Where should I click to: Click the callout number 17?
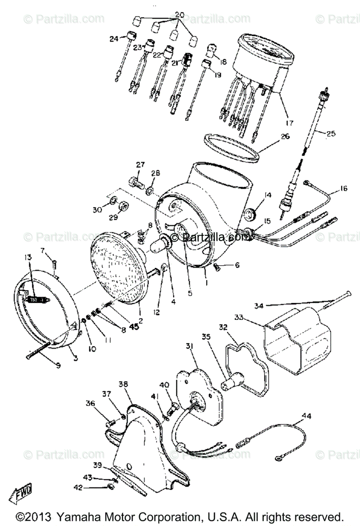pyautogui.click(x=290, y=122)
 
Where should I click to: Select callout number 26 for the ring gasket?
pyautogui.click(x=285, y=136)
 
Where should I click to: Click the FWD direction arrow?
pyautogui.click(x=21, y=495)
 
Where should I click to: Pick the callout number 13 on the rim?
pyautogui.click(x=29, y=257)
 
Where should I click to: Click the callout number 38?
pyautogui.click(x=123, y=384)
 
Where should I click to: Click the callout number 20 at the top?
pyautogui.click(x=178, y=15)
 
